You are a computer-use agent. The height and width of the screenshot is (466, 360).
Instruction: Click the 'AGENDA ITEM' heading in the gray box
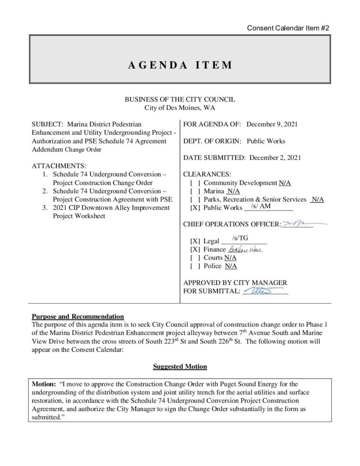click(x=179, y=65)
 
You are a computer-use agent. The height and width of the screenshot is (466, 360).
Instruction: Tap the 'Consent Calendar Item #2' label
click(x=288, y=28)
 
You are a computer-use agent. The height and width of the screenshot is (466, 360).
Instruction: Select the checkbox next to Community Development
click(x=195, y=183)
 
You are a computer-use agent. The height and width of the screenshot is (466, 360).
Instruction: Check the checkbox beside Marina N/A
click(x=195, y=191)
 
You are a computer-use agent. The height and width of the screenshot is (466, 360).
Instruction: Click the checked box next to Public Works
click(x=195, y=208)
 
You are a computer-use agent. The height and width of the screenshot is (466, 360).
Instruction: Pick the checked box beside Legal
click(x=195, y=241)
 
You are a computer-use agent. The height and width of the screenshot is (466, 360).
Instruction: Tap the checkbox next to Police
click(x=195, y=266)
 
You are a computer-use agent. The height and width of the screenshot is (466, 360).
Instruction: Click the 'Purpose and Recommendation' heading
click(x=78, y=316)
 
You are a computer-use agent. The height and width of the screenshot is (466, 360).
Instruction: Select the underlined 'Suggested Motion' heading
click(x=180, y=366)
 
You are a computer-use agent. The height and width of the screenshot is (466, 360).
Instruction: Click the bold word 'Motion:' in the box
click(x=43, y=384)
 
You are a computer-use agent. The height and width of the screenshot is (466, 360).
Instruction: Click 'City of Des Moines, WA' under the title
click(x=179, y=108)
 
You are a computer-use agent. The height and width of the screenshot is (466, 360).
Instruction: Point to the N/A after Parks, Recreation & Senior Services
click(x=317, y=199)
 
